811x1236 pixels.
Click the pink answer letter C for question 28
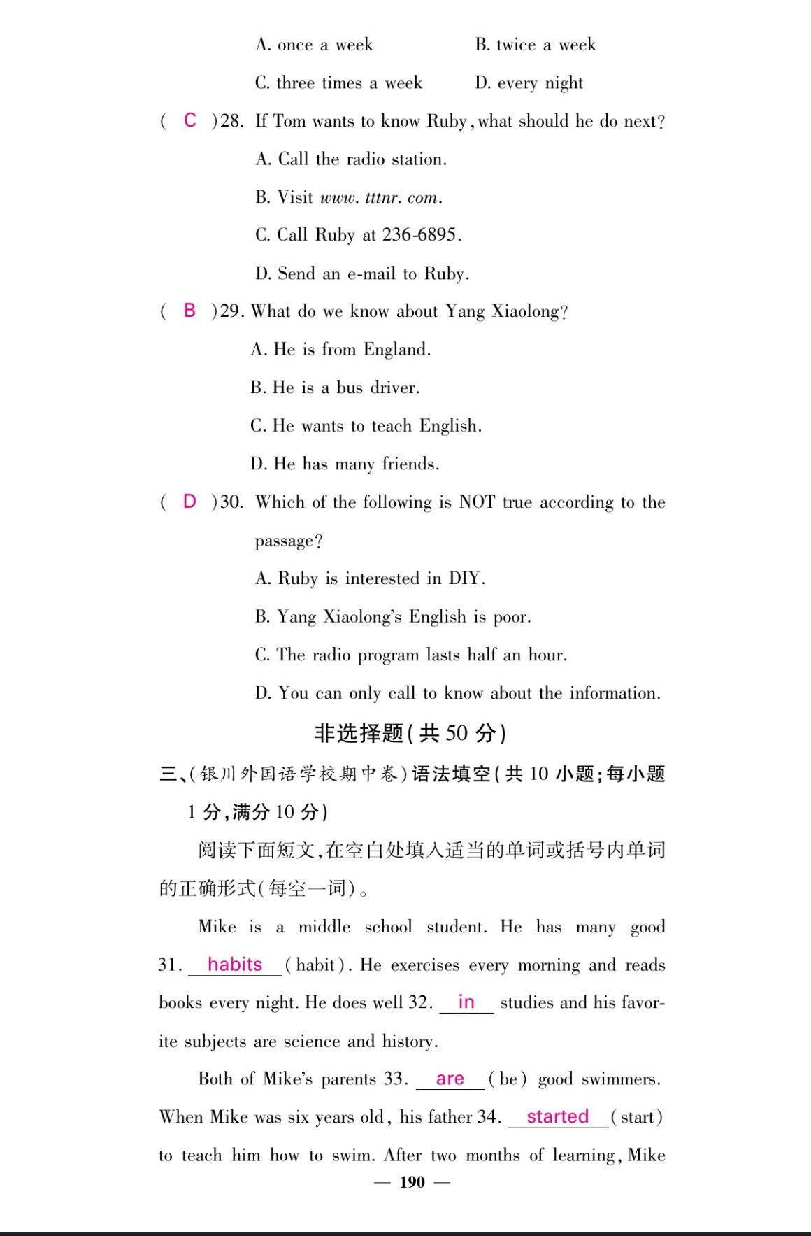[190, 120]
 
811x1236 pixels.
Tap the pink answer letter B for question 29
[189, 311]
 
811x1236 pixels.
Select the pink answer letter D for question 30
[189, 502]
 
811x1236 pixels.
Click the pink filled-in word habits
[235, 965]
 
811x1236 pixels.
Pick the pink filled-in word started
[557, 1116]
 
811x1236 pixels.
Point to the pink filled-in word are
[450, 1079]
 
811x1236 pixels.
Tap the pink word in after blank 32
[466, 1002]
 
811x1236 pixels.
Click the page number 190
[412, 1182]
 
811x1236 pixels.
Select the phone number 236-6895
[419, 234]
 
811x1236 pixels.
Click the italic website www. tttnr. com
[380, 197]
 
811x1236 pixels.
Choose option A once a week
[314, 45]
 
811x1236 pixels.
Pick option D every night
[529, 83]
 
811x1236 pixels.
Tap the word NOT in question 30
[477, 502]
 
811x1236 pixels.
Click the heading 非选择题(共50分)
[410, 733]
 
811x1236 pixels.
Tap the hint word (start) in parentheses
[636, 1117]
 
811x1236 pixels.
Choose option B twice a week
[536, 45]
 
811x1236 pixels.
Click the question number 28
[231, 121]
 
